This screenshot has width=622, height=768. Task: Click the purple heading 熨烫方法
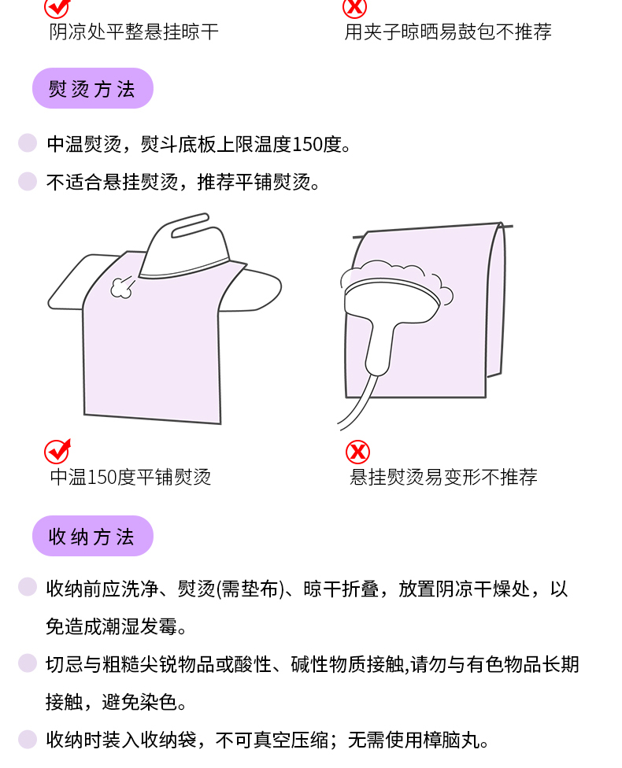click(93, 88)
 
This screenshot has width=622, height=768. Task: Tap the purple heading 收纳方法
click(93, 536)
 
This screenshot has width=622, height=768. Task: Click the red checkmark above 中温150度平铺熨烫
click(57, 451)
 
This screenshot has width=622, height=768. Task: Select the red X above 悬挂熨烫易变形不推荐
click(357, 452)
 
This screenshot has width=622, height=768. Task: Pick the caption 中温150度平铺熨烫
click(131, 477)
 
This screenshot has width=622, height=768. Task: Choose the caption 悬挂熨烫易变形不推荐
click(443, 477)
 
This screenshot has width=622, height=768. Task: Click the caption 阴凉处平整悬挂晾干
click(134, 31)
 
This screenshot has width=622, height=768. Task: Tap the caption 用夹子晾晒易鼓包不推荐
click(448, 31)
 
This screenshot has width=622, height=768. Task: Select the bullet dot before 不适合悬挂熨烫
click(28, 181)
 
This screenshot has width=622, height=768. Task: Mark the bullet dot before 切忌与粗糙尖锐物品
click(28, 663)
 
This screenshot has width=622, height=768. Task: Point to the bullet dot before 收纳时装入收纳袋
click(28, 739)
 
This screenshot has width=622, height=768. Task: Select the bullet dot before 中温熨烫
click(28, 143)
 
